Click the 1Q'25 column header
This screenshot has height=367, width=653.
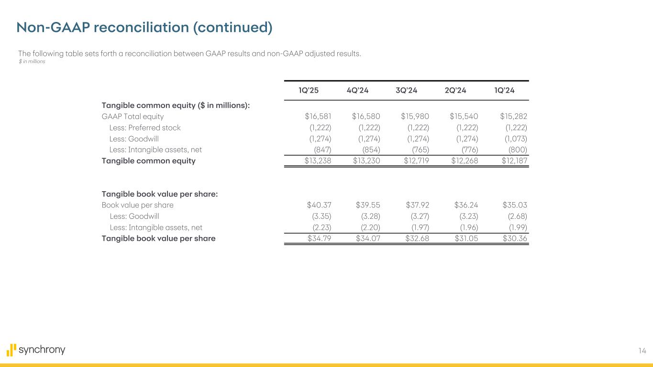pyautogui.click(x=309, y=91)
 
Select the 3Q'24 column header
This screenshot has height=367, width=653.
pyautogui.click(x=406, y=91)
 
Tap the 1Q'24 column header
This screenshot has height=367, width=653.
pyautogui.click(x=504, y=91)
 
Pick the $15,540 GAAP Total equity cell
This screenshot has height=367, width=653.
pyautogui.click(x=464, y=116)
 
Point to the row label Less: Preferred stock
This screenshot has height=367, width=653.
pyautogui.click(x=145, y=128)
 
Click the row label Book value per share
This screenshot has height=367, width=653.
pyautogui.click(x=137, y=205)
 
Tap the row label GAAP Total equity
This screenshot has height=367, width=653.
pyautogui.click(x=133, y=116)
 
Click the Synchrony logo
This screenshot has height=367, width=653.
pyautogui.click(x=36, y=350)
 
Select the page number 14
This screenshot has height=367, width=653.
pyautogui.click(x=642, y=351)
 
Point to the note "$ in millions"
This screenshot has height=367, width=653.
pyautogui.click(x=32, y=62)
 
